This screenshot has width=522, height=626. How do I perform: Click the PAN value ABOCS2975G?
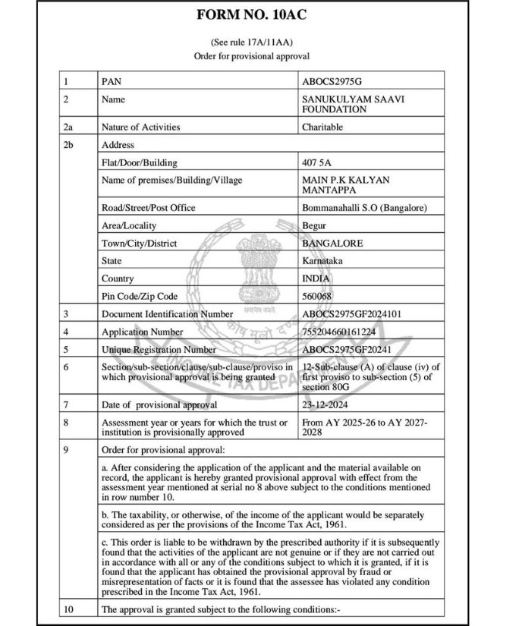tap(332, 80)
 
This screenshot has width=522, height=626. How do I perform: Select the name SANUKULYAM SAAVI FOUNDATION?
tap(344, 104)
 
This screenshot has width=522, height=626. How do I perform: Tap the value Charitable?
tap(322, 127)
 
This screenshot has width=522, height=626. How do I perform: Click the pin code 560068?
tap(317, 296)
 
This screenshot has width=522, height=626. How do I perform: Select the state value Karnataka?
tap(322, 260)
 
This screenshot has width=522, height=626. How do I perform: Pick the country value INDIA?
tap(316, 278)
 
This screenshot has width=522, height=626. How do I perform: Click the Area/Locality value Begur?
tap(313, 225)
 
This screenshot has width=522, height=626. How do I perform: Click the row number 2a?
tap(71, 127)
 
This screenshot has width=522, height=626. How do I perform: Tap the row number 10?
tap(71, 609)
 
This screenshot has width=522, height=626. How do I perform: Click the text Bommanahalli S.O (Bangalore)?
tap(365, 208)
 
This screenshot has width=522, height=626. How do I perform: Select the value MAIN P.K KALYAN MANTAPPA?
tap(345, 184)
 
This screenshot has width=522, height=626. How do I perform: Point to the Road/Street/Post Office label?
tap(148, 208)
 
